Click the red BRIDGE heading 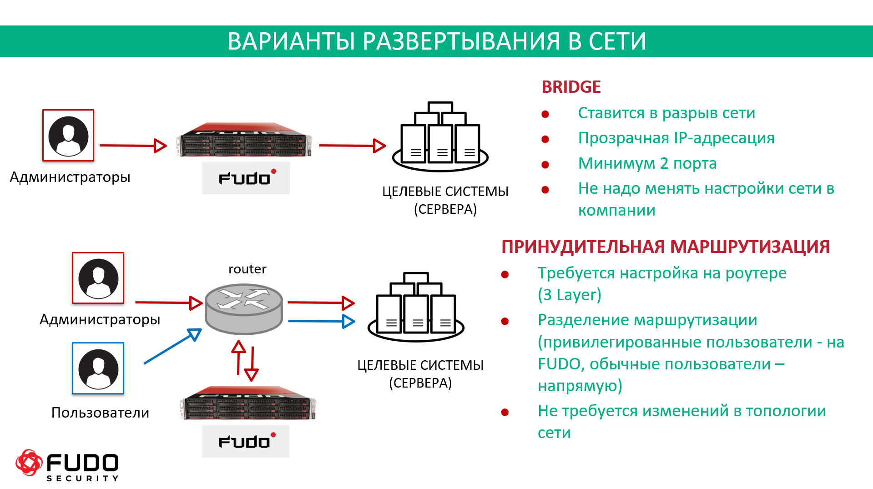571,87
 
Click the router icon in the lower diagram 244,308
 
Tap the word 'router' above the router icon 247,269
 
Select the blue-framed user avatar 98,368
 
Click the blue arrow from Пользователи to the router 172,347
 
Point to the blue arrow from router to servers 321,321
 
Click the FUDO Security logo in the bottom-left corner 67,465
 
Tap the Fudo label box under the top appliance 246,178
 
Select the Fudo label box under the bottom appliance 246,441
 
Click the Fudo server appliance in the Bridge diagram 245,140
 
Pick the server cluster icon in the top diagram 440,136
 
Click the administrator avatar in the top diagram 68,135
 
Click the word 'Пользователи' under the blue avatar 100,413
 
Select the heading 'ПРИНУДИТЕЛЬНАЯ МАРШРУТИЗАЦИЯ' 665,247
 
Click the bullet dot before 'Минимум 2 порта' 545,165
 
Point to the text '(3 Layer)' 569,295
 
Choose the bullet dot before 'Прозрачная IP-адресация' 545,139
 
